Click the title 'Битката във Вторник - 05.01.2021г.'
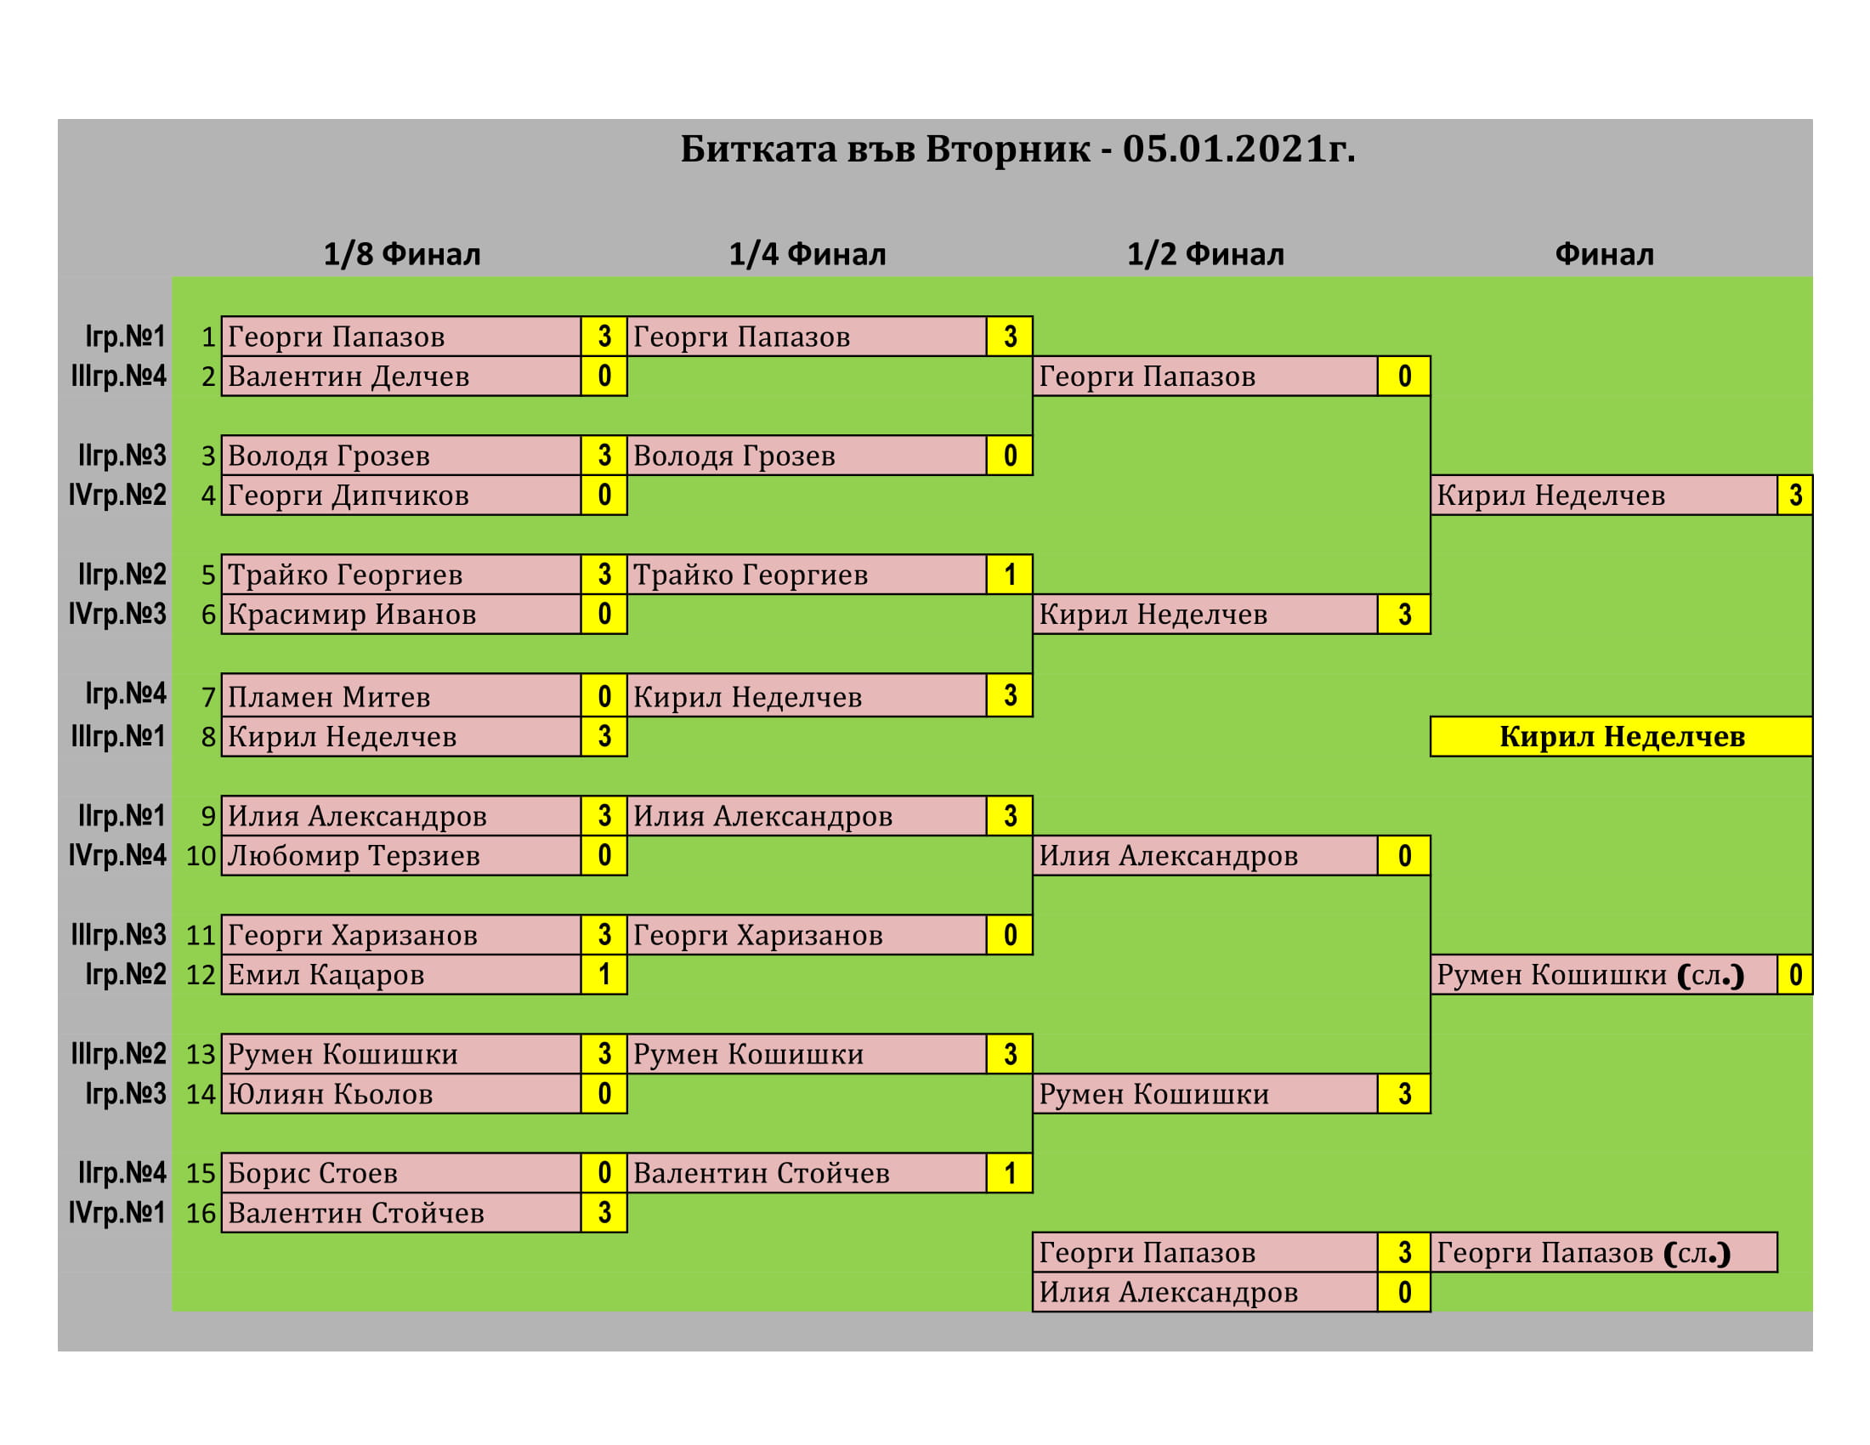[1017, 149]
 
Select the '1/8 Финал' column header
[401, 254]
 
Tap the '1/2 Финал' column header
[1205, 254]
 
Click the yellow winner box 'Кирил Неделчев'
[1621, 736]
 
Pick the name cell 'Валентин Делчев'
[400, 377]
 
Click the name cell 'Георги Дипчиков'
[400, 496]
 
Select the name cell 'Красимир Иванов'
[400, 615]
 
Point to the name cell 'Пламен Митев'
[400, 697]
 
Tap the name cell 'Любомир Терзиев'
[400, 856]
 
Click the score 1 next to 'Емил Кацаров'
[604, 975]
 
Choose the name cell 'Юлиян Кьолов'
[400, 1094]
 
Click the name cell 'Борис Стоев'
[400, 1173]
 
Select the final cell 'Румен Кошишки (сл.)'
[1604, 975]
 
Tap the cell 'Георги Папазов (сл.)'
[1604, 1252]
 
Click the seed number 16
[201, 1213]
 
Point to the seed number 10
[201, 856]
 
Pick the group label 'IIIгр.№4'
[118, 377]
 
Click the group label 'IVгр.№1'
[116, 1213]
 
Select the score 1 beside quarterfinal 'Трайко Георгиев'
[1011, 575]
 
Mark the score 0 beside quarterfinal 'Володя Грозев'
[1011, 456]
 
